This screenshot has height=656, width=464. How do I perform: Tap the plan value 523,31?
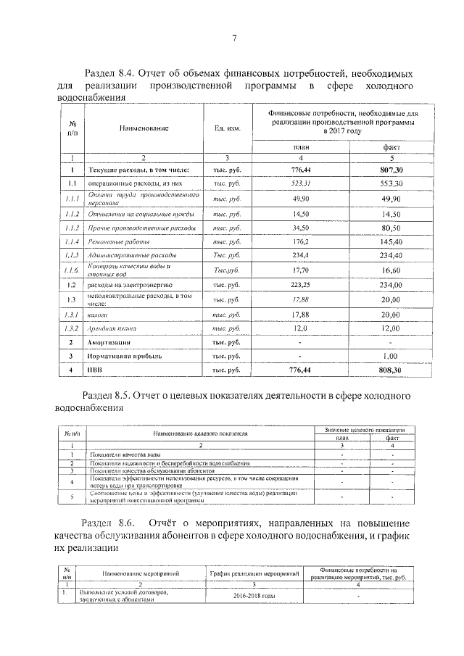pos(300,183)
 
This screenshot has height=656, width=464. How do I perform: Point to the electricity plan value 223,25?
pos(300,285)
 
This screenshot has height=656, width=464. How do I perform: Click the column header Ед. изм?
pos(227,128)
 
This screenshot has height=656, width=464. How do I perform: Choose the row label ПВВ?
pos(95,370)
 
